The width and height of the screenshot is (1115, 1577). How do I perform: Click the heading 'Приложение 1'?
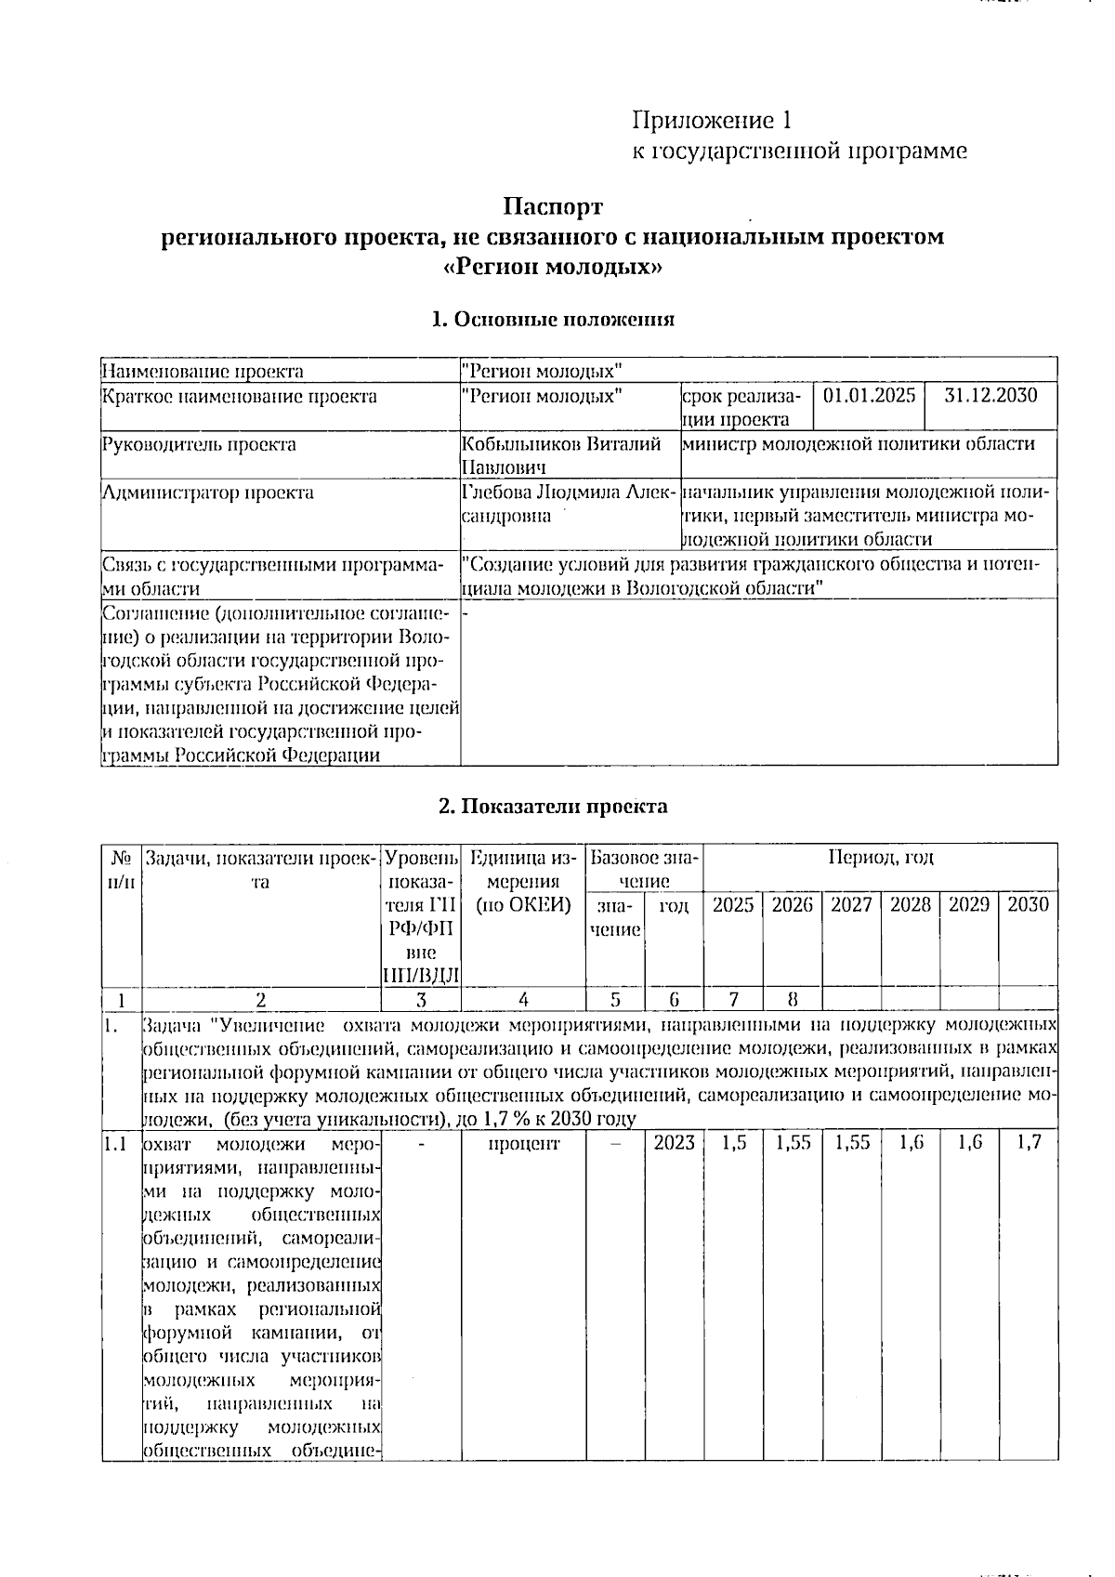(712, 121)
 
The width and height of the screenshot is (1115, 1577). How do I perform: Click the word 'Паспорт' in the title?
(554, 206)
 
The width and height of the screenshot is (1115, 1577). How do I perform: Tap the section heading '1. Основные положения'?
(553, 320)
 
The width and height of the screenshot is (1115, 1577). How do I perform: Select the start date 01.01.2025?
(870, 396)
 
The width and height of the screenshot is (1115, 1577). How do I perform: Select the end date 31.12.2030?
(990, 396)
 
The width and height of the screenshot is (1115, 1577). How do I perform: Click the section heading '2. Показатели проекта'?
(553, 806)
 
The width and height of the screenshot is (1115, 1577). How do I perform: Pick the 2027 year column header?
(850, 904)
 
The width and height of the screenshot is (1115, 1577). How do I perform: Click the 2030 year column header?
(1028, 904)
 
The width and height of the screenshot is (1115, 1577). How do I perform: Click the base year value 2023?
(674, 1143)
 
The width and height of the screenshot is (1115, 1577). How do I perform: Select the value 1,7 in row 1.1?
(1028, 1143)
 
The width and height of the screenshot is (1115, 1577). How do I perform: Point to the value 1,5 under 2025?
(733, 1143)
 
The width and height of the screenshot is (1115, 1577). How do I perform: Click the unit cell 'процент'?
(523, 1143)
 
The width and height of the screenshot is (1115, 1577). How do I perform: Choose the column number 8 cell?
(792, 1000)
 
